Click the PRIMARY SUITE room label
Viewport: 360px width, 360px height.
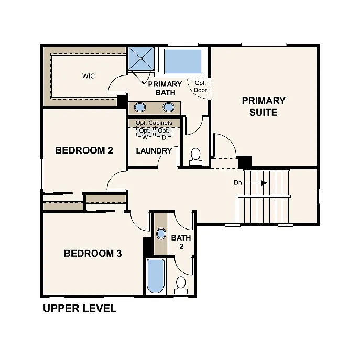264,106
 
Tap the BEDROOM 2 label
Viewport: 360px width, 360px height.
84,150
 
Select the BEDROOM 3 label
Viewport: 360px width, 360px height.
93,254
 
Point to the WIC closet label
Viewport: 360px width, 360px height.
89,76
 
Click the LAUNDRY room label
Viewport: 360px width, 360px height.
154,151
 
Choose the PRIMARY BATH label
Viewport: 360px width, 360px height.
165,88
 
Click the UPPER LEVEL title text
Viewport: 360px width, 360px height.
79,308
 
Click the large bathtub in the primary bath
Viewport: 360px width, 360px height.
183,62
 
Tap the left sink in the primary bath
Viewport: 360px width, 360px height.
140,107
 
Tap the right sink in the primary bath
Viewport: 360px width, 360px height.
168,107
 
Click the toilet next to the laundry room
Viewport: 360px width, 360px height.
196,157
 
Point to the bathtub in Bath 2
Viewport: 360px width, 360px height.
155,276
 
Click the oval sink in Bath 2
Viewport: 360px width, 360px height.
161,234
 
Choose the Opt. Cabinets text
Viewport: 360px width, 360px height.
154,123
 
